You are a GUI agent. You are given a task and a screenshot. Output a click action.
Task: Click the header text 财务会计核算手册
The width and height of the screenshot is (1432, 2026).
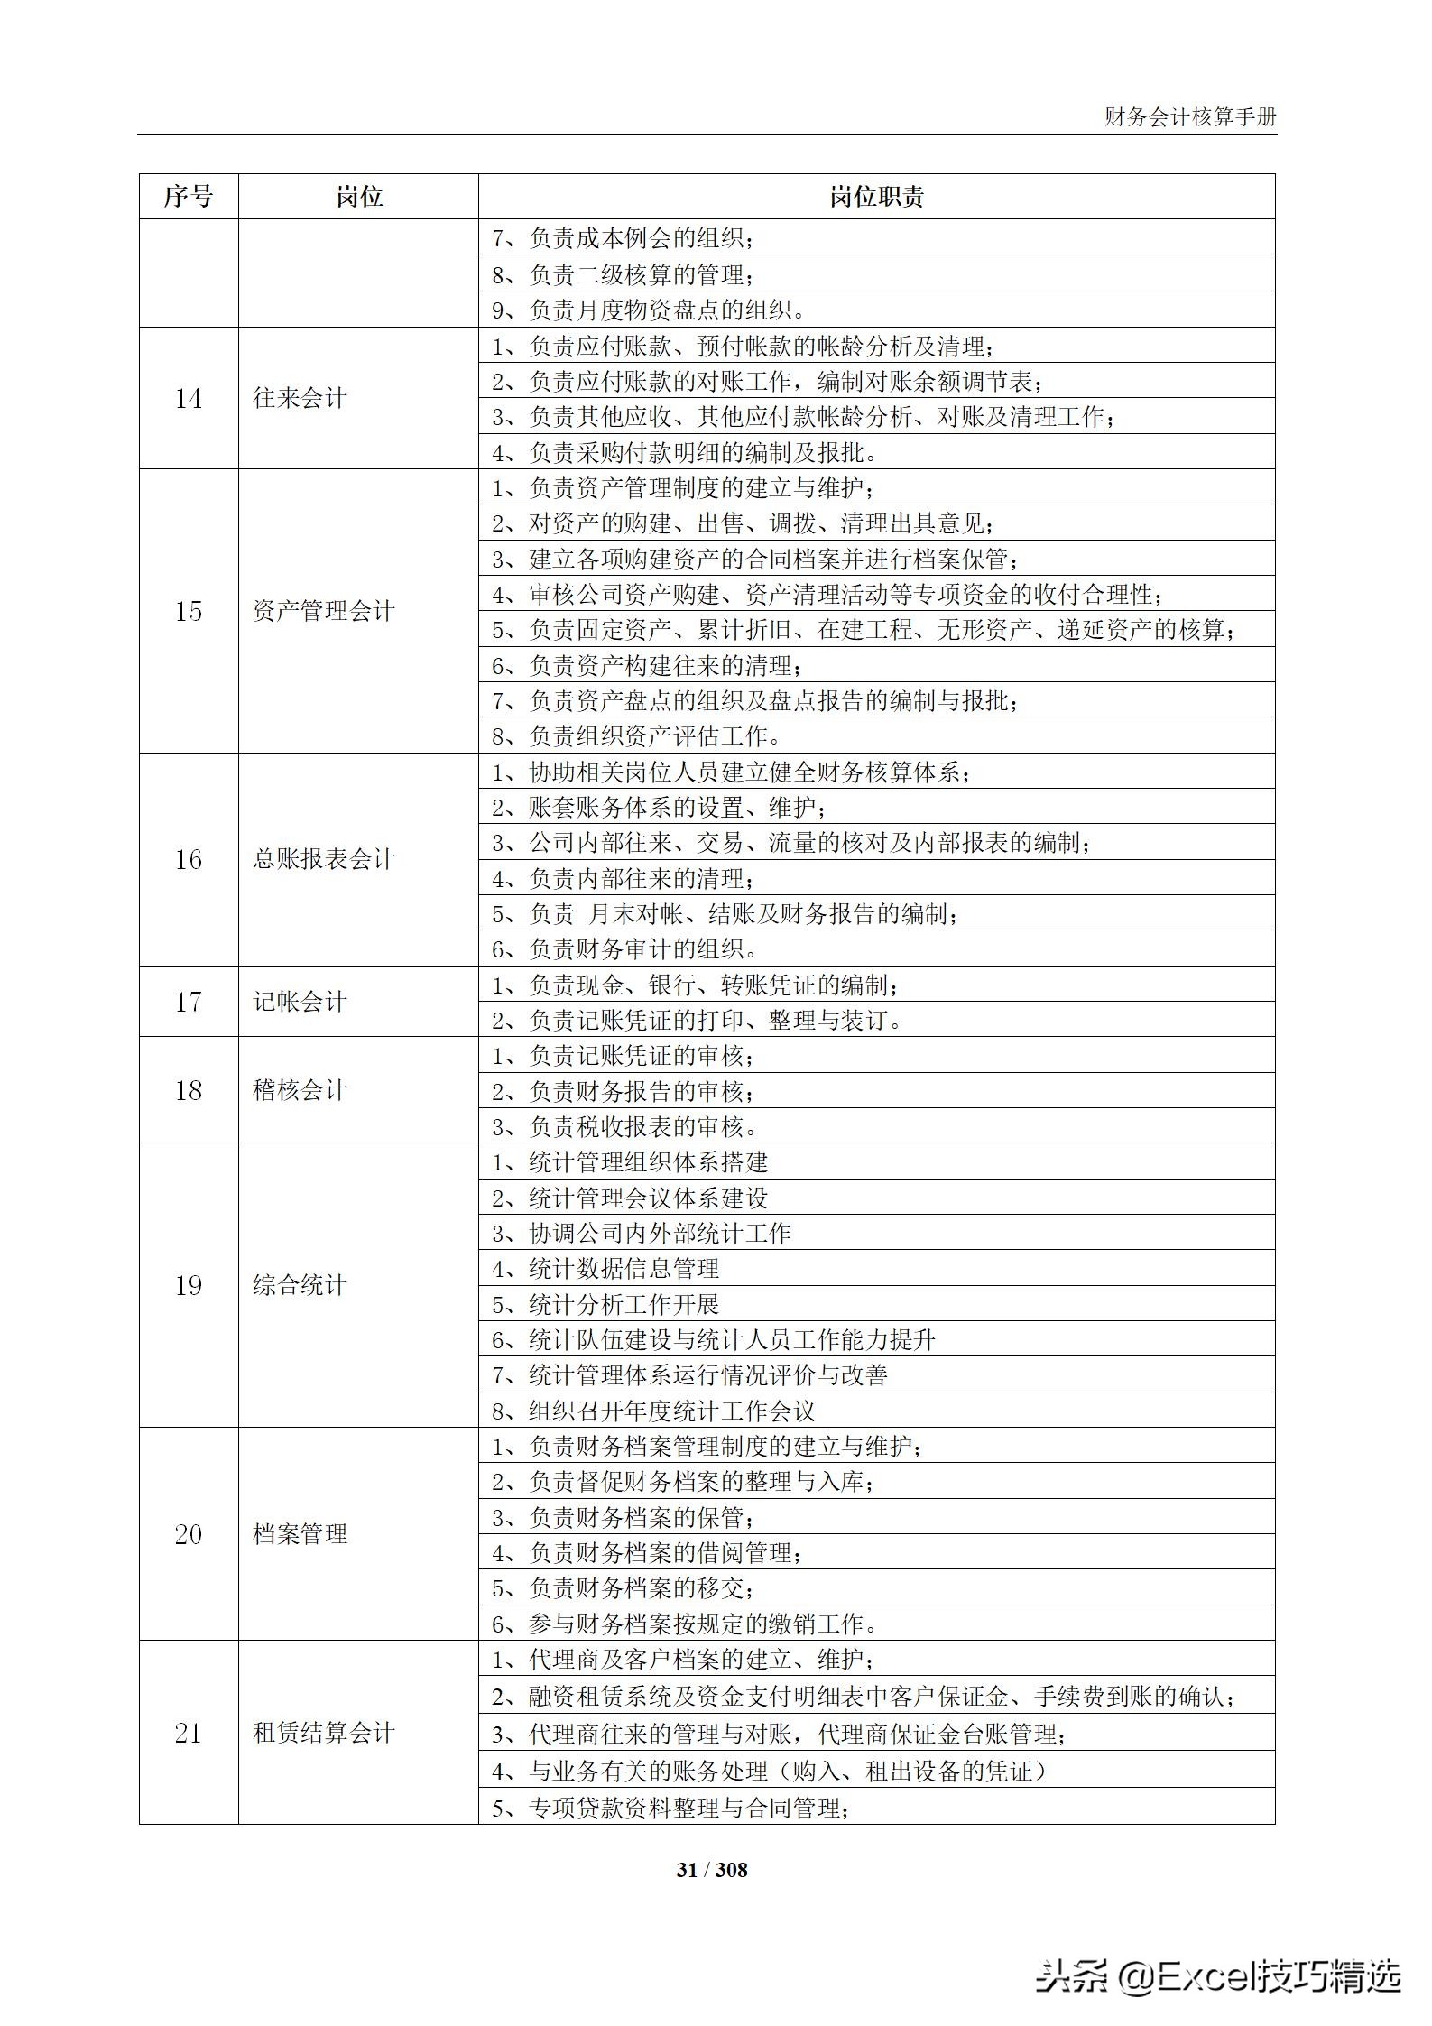[x=1190, y=117]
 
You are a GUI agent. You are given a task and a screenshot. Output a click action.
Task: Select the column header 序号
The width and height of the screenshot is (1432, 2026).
[x=188, y=197]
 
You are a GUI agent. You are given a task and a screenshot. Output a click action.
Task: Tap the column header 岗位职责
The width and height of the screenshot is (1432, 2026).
[x=876, y=197]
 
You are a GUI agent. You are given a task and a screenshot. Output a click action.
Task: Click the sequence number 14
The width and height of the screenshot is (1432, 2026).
[x=188, y=398]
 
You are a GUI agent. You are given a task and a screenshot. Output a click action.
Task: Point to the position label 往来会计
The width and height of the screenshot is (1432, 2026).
[x=300, y=398]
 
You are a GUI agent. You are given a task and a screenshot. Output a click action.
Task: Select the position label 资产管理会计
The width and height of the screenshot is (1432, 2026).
[x=323, y=611]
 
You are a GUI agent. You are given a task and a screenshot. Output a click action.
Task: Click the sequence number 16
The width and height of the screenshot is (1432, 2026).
[x=188, y=859]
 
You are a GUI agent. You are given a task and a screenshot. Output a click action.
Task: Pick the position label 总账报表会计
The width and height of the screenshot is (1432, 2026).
[x=323, y=859]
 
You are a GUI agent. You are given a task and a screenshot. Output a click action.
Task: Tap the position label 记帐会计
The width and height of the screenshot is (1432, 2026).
[x=300, y=1002]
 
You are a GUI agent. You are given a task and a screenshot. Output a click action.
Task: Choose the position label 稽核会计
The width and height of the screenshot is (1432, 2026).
[x=300, y=1090]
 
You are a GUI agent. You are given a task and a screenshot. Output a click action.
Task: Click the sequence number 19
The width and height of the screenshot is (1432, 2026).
[x=188, y=1285]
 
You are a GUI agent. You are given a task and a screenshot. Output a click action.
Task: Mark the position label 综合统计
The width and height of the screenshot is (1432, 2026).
[x=300, y=1285]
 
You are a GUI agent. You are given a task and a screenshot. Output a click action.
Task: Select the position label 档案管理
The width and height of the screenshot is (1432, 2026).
[x=300, y=1534]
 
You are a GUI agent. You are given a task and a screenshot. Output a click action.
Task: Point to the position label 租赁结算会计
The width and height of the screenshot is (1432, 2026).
[x=323, y=1733]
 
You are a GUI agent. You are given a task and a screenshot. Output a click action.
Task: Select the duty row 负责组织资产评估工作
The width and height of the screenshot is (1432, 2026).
[x=636, y=736]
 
